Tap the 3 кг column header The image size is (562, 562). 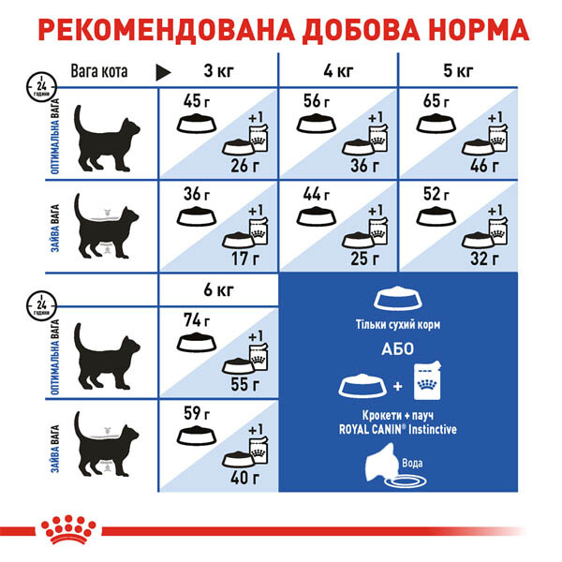pyautogui.click(x=218, y=71)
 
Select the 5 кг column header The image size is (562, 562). pyautogui.click(x=458, y=71)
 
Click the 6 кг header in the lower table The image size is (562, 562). pyautogui.click(x=218, y=289)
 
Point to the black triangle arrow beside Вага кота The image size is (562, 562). pyautogui.click(x=163, y=73)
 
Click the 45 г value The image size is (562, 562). pyautogui.click(x=196, y=101)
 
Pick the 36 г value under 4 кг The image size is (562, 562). pyautogui.click(x=364, y=166)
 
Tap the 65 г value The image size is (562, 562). pyautogui.click(x=436, y=101)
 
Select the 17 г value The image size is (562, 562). pyautogui.click(x=245, y=259)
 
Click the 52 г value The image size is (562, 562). pyautogui.click(x=436, y=194)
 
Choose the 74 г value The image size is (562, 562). pyautogui.click(x=196, y=320)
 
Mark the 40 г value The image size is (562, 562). pyautogui.click(x=245, y=478)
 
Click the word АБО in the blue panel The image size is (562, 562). pyautogui.click(x=397, y=349)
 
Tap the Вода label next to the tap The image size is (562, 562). pyautogui.click(x=412, y=463)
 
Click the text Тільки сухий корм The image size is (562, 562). pyautogui.click(x=397, y=325)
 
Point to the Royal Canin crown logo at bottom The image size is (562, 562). pyautogui.click(x=68, y=529)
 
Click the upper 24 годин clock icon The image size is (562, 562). pyautogui.click(x=41, y=87)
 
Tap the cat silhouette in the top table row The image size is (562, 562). pyautogui.click(x=107, y=138)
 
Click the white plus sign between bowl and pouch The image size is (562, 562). pyautogui.click(x=397, y=386)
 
